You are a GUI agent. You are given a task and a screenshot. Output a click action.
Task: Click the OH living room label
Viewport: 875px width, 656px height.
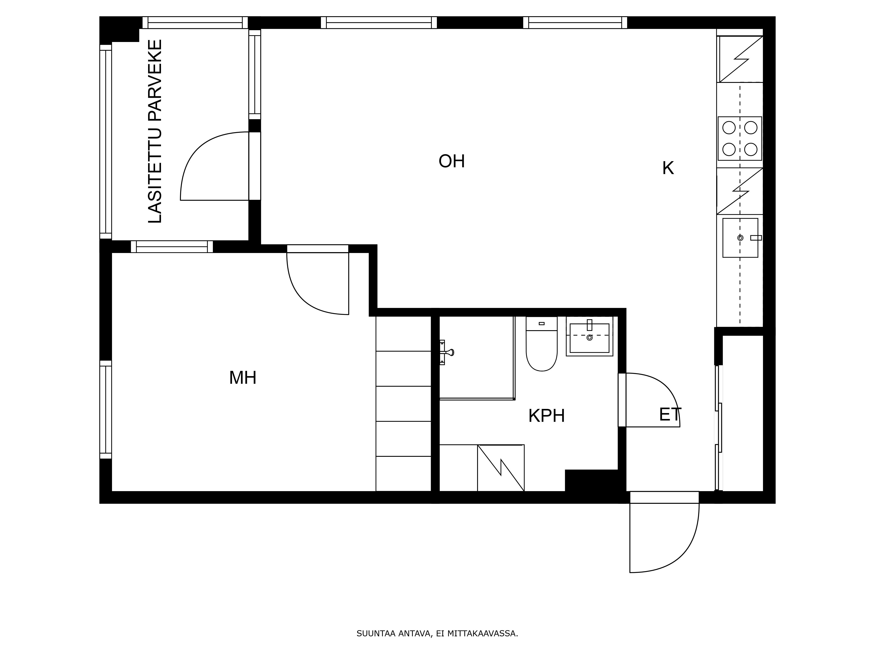pyautogui.click(x=452, y=161)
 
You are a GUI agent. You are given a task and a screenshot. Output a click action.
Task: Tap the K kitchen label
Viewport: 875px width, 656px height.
pyautogui.click(x=668, y=168)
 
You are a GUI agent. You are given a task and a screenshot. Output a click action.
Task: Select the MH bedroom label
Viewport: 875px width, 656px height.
pyautogui.click(x=243, y=378)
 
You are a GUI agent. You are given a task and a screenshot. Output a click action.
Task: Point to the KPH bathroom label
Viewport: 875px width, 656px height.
pyautogui.click(x=547, y=416)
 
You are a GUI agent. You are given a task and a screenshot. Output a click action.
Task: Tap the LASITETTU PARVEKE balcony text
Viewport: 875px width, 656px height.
pyautogui.click(x=155, y=131)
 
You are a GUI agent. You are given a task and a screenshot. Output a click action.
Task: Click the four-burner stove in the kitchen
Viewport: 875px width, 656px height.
pyautogui.click(x=740, y=138)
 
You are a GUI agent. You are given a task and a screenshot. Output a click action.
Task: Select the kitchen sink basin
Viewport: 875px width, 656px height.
pyautogui.click(x=740, y=238)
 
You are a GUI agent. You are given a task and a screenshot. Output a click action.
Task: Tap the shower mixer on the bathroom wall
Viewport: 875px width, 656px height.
pyautogui.click(x=447, y=352)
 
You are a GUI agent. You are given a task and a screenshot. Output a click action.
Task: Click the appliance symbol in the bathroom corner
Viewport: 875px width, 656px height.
pyautogui.click(x=501, y=468)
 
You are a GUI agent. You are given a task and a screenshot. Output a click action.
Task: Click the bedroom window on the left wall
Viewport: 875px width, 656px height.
pyautogui.click(x=106, y=409)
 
